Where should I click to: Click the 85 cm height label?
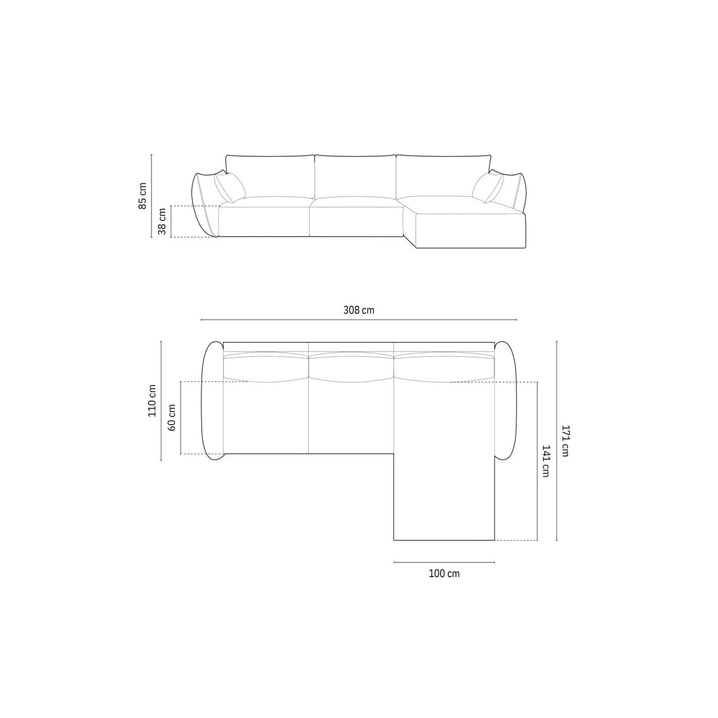pyautogui.click(x=142, y=196)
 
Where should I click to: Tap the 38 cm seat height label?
pyautogui.click(x=162, y=222)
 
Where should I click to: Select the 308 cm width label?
pyautogui.click(x=358, y=310)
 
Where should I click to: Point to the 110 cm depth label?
pyautogui.click(x=152, y=400)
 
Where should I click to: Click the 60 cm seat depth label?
pyautogui.click(x=172, y=418)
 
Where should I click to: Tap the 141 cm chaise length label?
pyautogui.click(x=545, y=461)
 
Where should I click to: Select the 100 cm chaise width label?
pyautogui.click(x=444, y=573)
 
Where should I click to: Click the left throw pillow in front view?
pyautogui.click(x=230, y=187)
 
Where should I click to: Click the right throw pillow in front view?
pyautogui.click(x=487, y=187)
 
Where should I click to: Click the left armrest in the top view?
pyautogui.click(x=212, y=400)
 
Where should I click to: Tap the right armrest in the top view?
pyautogui.click(x=504, y=400)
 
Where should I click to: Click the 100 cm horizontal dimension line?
pyautogui.click(x=444, y=562)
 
